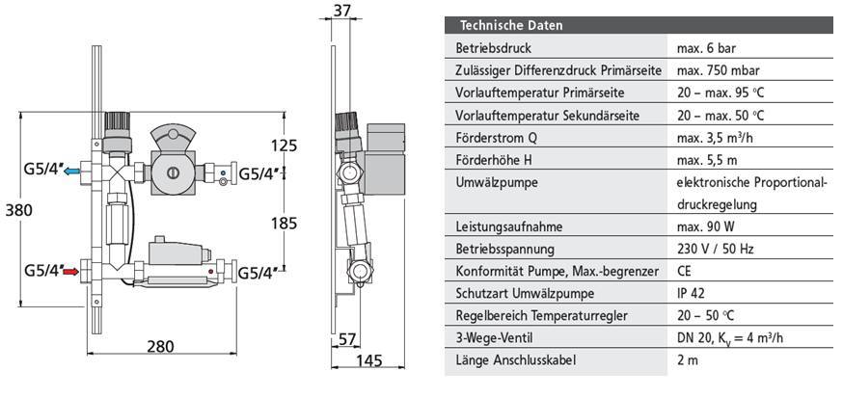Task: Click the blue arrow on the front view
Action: coord(71,172)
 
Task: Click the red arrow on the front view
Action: coord(71,272)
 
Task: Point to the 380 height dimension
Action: coord(19,210)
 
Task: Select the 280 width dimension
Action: coord(160,346)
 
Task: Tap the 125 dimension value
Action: coord(284,146)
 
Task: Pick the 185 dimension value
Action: coord(284,223)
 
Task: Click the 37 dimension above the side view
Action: coord(342,11)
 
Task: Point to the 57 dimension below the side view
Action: coord(348,339)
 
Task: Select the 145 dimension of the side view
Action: coord(368,360)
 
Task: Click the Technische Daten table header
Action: coord(511,25)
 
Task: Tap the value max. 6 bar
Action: coord(706,48)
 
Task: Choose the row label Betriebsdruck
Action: coord(493,48)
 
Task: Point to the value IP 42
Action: coord(691,293)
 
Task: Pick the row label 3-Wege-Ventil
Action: coord(494,338)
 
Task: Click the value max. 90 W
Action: coord(705,226)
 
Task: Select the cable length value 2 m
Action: coord(688,359)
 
